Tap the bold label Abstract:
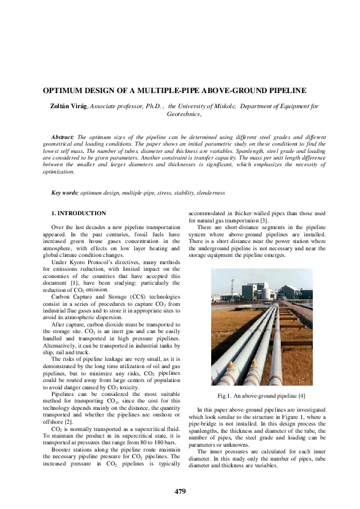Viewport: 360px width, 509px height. (x=63, y=138)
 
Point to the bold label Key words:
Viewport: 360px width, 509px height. (x=65, y=193)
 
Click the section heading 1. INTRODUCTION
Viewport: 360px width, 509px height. (x=78, y=213)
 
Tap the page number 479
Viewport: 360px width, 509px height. (x=180, y=491)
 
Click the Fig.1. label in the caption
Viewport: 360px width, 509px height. (x=226, y=396)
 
